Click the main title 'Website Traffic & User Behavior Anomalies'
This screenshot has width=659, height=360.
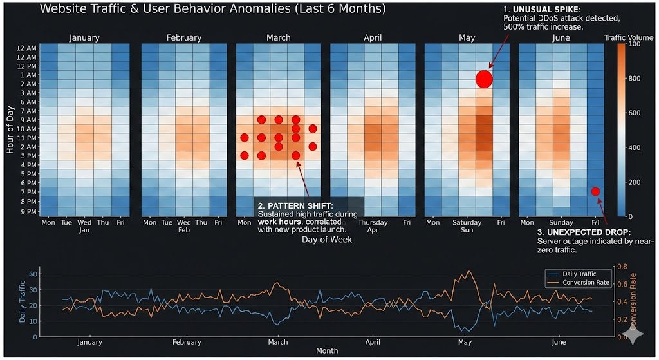[x=212, y=9]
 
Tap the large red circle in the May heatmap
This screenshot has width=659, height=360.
[x=484, y=79]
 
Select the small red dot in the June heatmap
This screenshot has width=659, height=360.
[x=595, y=191]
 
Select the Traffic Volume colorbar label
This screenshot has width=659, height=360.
[x=628, y=38]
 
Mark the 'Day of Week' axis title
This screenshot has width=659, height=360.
[x=327, y=240]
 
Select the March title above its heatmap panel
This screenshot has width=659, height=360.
[x=278, y=38]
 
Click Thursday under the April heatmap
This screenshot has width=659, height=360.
[x=376, y=222]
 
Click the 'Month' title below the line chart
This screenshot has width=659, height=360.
[x=327, y=351]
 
